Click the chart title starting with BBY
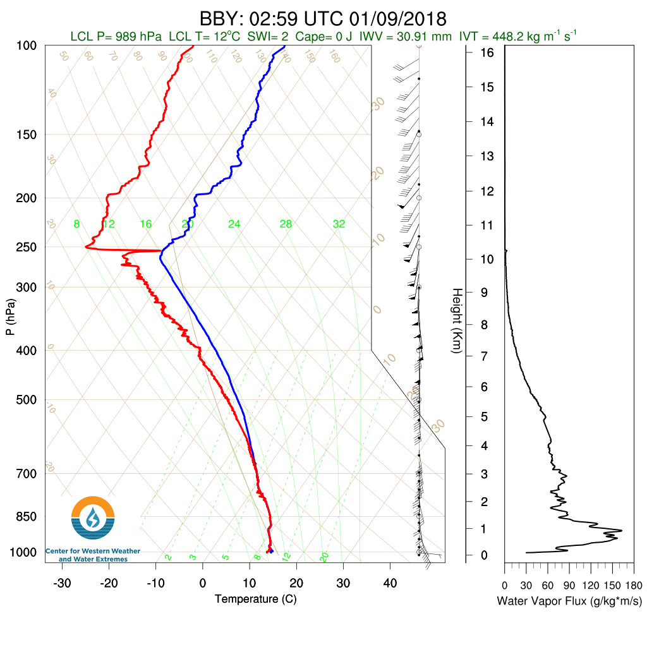[323, 17]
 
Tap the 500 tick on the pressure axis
[27, 400]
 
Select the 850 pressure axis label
[27, 517]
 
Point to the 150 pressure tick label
[27, 135]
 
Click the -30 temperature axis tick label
[62, 583]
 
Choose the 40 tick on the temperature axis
[390, 583]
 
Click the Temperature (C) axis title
[255, 598]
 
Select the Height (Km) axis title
[457, 320]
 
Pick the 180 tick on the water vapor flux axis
[634, 585]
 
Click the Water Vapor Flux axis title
[569, 600]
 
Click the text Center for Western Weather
[93, 552]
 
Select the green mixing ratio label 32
[339, 224]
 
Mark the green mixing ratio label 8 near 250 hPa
[76, 224]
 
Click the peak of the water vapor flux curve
[622, 530]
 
